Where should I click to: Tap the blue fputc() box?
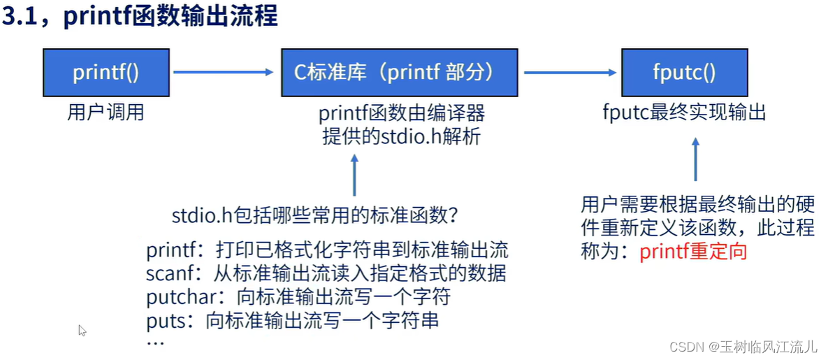click(x=684, y=73)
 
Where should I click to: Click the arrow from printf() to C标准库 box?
click(x=222, y=72)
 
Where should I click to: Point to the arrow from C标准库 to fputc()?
click(x=569, y=72)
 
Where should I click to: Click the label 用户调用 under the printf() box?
click(x=106, y=113)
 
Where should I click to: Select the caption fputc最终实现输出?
click(x=684, y=112)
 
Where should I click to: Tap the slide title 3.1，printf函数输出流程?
click(x=140, y=17)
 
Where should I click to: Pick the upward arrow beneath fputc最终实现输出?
click(x=695, y=159)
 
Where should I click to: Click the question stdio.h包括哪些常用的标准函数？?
click(x=315, y=216)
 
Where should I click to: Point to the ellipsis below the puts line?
click(x=155, y=343)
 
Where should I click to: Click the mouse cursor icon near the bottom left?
click(x=82, y=331)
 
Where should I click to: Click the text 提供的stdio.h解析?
click(x=401, y=136)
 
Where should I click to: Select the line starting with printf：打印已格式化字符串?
click(x=327, y=250)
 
